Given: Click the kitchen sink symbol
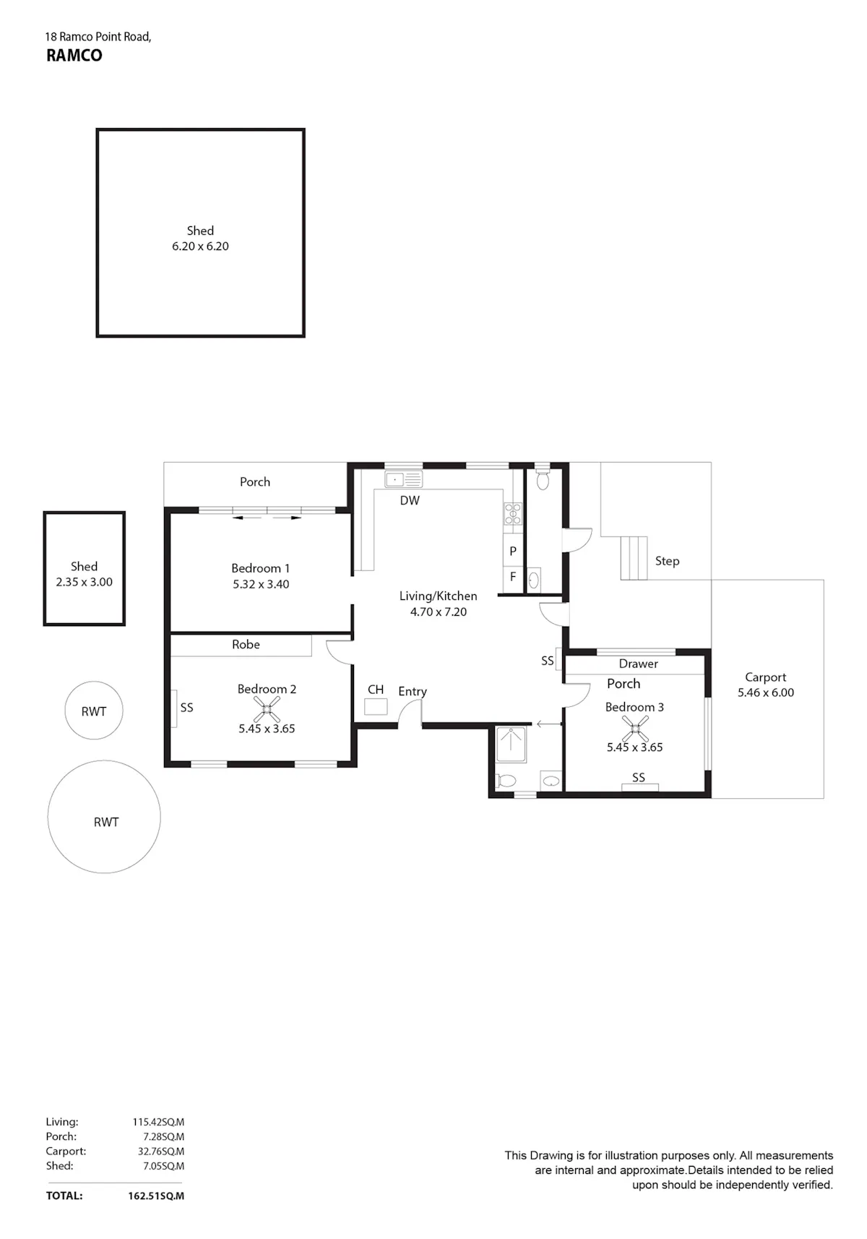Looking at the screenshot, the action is pyautogui.click(x=404, y=479).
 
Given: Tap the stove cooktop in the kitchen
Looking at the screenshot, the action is pyautogui.click(x=512, y=513).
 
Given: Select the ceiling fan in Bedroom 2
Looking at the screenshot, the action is pyautogui.click(x=267, y=709).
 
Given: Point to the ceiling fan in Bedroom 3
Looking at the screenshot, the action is pyautogui.click(x=635, y=729).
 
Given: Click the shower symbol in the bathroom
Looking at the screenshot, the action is pyautogui.click(x=511, y=745).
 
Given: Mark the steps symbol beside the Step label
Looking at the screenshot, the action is pyautogui.click(x=634, y=558).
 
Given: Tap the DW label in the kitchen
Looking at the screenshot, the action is pyautogui.click(x=410, y=500).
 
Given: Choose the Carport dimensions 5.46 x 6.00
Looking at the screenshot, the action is pyautogui.click(x=766, y=693).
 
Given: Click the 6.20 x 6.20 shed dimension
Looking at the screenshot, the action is pyautogui.click(x=200, y=246).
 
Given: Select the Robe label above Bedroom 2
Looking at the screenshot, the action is pyautogui.click(x=246, y=644).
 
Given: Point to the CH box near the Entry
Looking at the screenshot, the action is pyautogui.click(x=376, y=707).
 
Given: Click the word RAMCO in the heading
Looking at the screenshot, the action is pyautogui.click(x=74, y=56).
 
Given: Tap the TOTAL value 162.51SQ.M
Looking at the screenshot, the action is pyautogui.click(x=156, y=1196).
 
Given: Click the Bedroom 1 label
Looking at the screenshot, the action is pyautogui.click(x=260, y=568).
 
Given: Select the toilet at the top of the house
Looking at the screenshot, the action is pyautogui.click(x=543, y=479).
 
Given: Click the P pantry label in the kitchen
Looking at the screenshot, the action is pyautogui.click(x=513, y=551).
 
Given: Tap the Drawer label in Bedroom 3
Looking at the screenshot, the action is pyautogui.click(x=639, y=664).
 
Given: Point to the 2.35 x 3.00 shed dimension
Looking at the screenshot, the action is pyautogui.click(x=84, y=582).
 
